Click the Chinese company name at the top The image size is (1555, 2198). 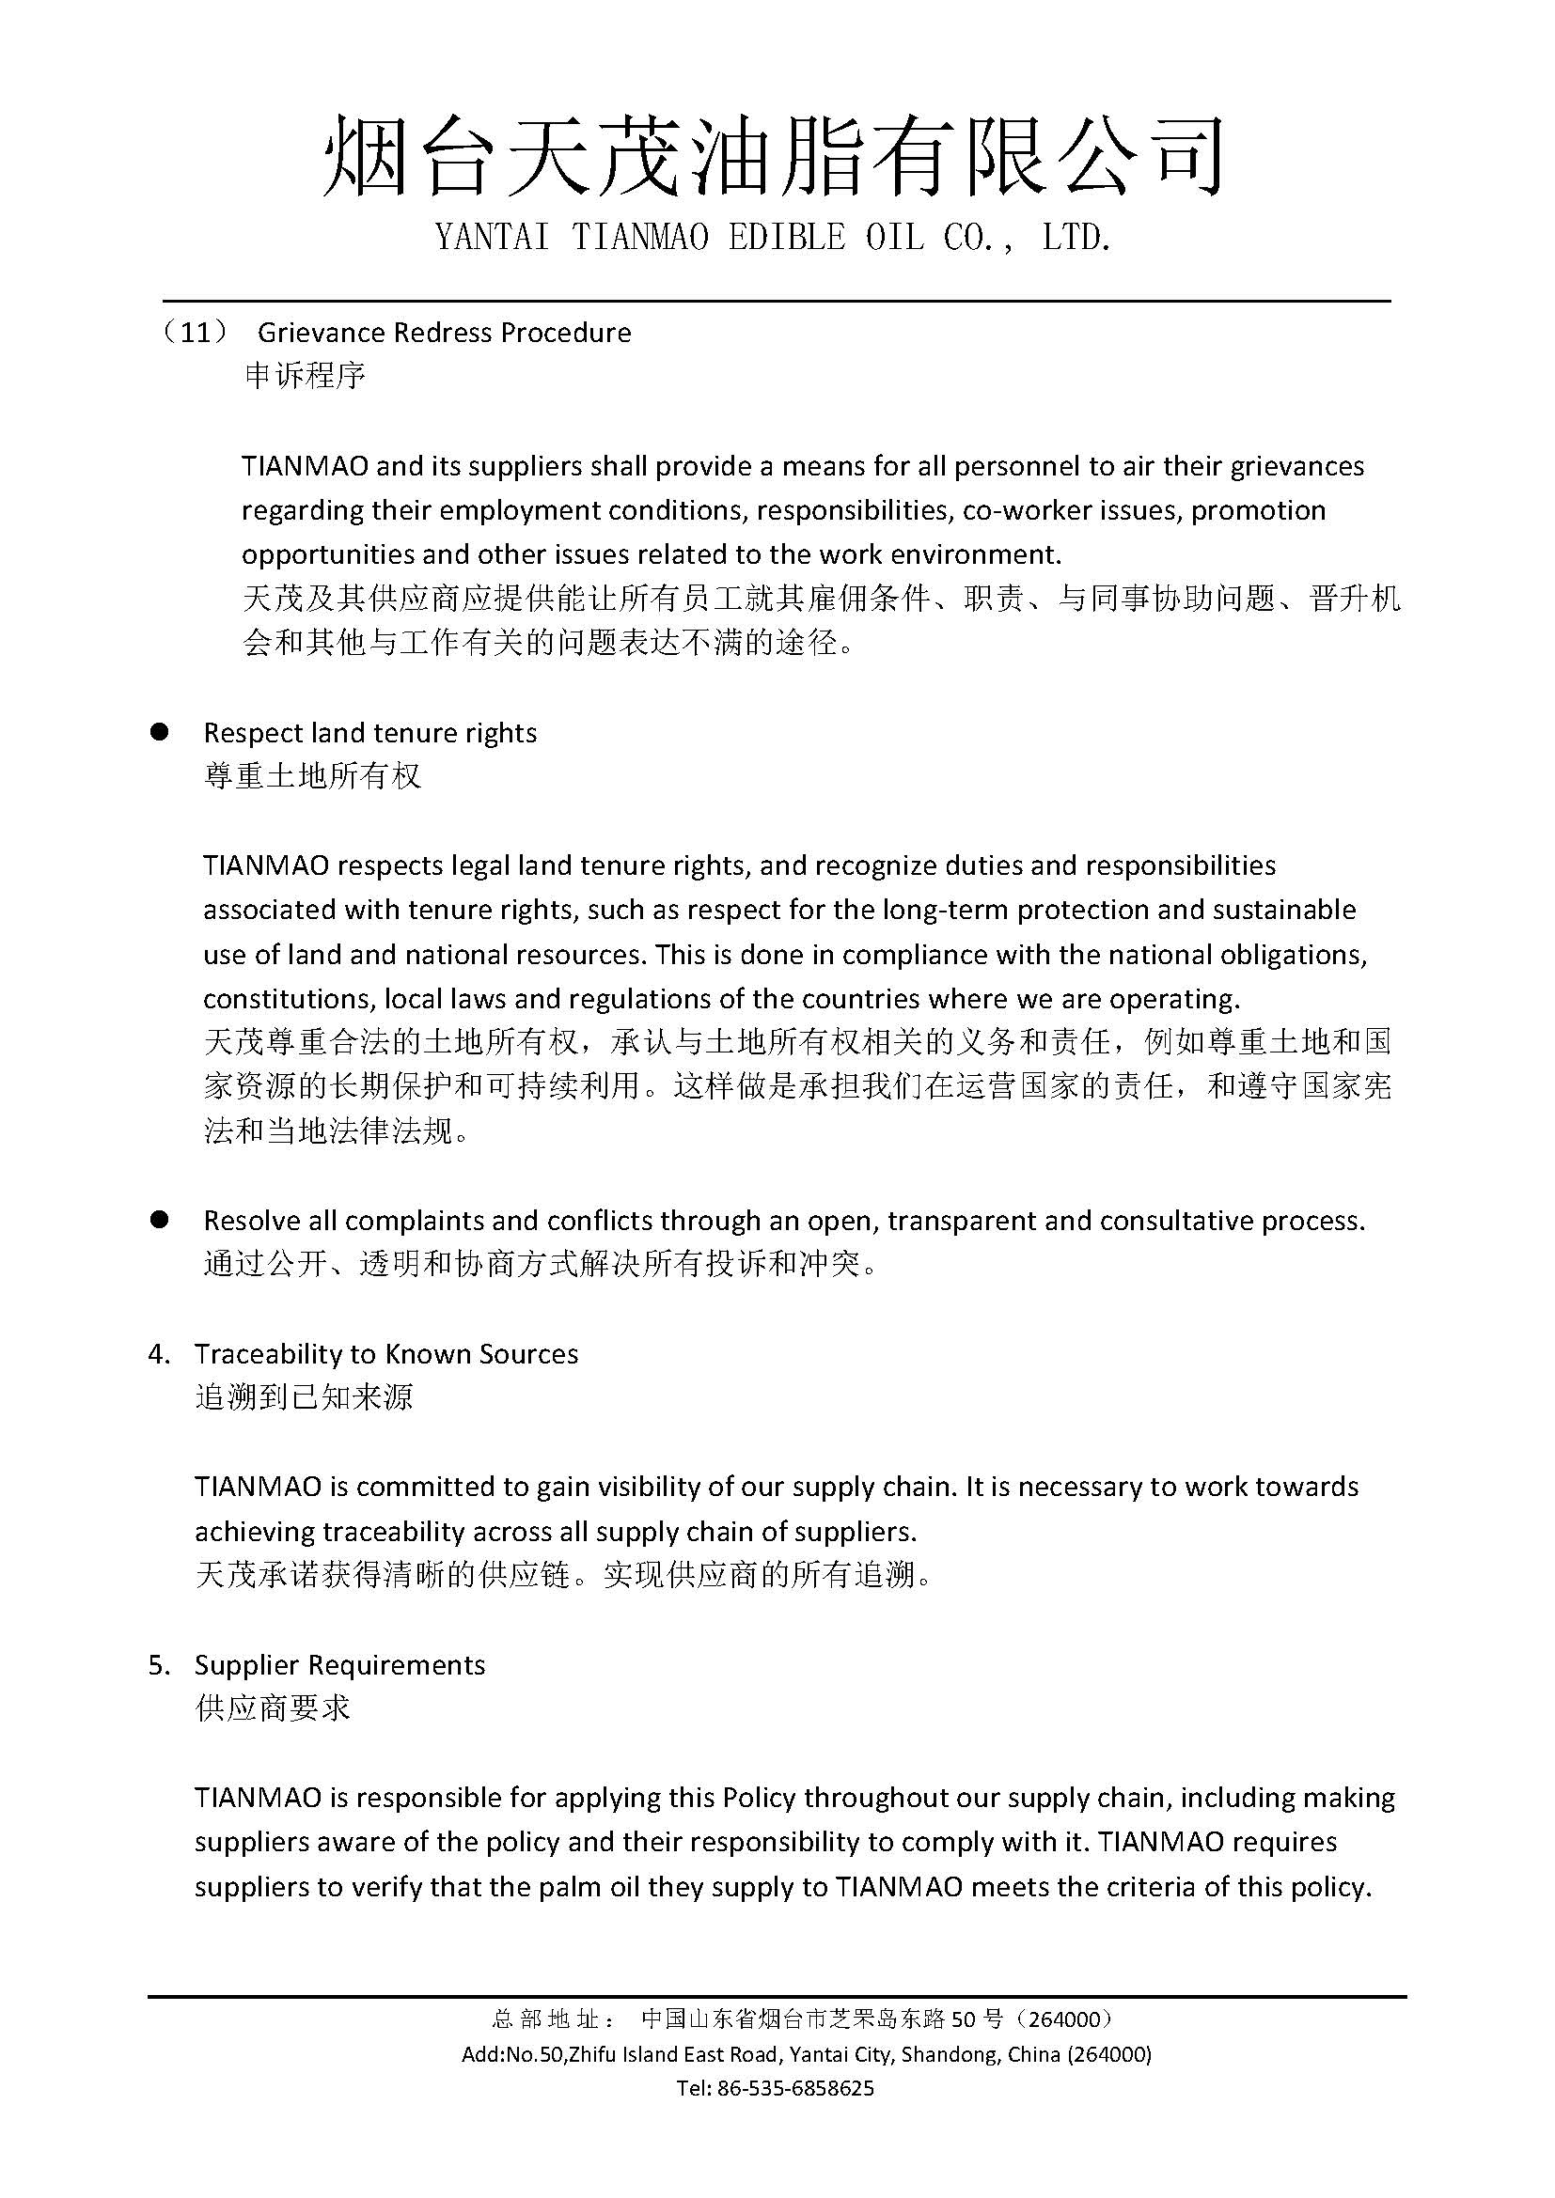pyautogui.click(x=773, y=156)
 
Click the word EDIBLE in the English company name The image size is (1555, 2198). pyautogui.click(x=786, y=238)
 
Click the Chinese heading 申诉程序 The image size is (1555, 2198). pyautogui.click(x=305, y=375)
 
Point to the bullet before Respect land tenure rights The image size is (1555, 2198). pyautogui.click(x=160, y=732)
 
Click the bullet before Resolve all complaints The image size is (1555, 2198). pyautogui.click(x=160, y=1220)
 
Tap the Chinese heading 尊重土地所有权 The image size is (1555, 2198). pyautogui.click(x=312, y=775)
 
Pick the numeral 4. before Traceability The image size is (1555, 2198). pyautogui.click(x=159, y=1353)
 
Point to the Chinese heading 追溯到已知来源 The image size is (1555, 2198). pyautogui.click(x=304, y=1396)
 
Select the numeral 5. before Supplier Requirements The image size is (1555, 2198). pyautogui.click(x=159, y=1665)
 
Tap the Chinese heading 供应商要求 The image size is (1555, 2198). pyautogui.click(x=273, y=1707)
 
